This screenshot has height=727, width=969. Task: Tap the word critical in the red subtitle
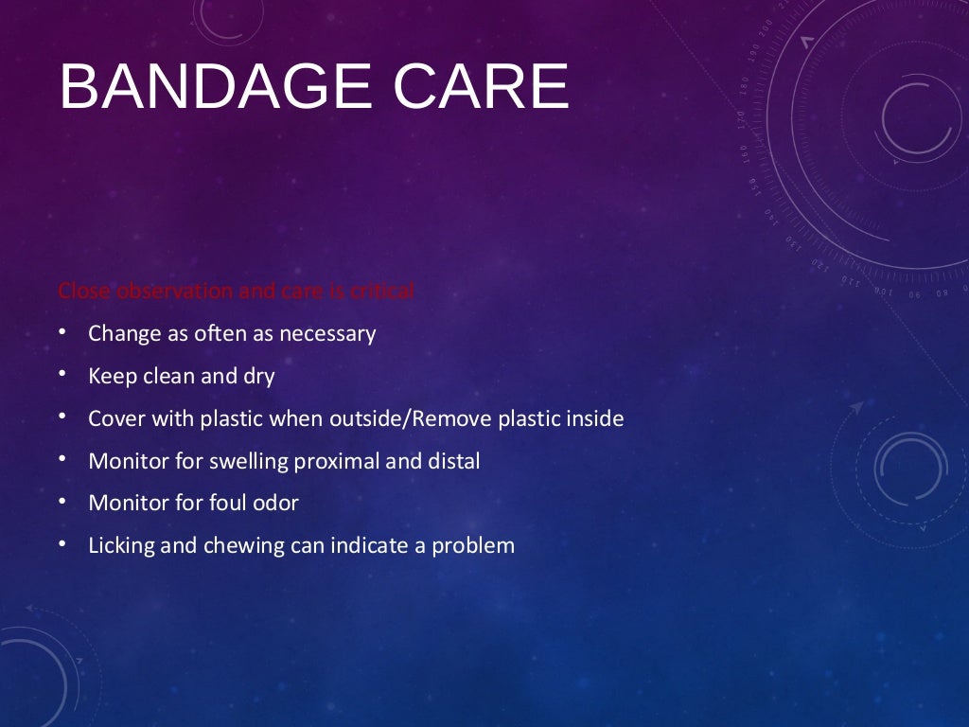382,292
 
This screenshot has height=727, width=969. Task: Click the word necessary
327,334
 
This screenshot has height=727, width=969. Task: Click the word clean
172,377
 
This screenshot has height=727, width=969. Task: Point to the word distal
451,461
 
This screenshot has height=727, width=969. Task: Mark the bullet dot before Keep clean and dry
62,375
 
